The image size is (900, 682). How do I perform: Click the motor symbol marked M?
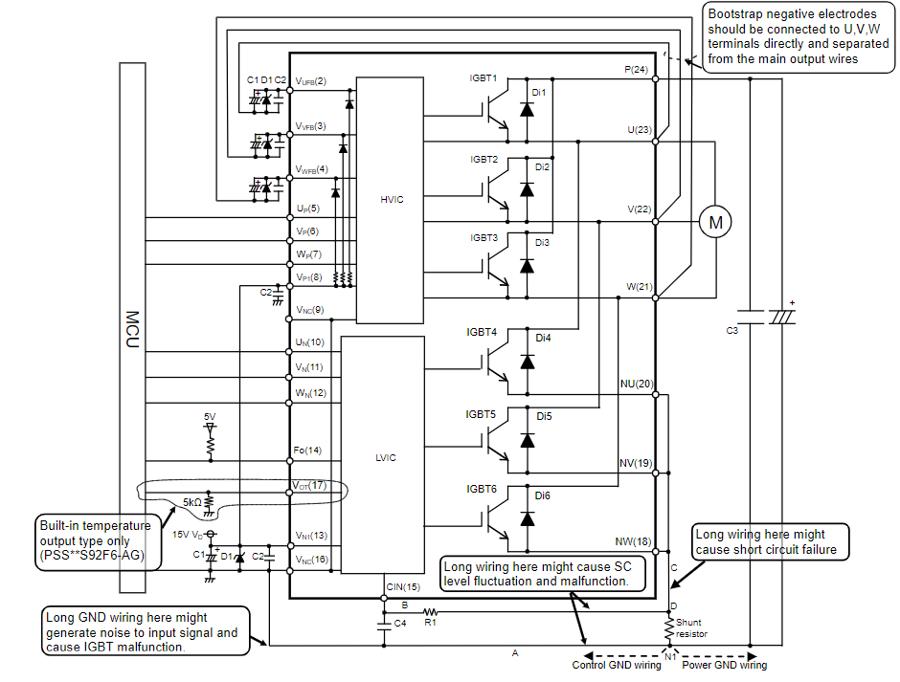click(715, 222)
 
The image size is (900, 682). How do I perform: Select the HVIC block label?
click(392, 200)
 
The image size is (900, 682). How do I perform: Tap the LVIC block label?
click(386, 458)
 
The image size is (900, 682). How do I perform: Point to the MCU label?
click(132, 329)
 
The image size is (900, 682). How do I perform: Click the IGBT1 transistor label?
click(484, 78)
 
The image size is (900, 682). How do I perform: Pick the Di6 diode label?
click(543, 495)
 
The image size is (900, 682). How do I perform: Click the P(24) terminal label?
click(636, 70)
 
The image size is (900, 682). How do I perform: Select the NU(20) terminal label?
click(637, 384)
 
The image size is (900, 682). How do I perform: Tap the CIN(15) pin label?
click(403, 586)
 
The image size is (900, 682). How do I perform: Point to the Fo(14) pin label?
click(307, 451)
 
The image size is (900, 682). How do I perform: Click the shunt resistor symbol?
click(669, 629)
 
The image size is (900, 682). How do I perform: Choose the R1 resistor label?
click(431, 623)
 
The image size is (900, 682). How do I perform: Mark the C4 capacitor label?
click(400, 623)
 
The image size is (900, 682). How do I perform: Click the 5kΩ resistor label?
click(192, 502)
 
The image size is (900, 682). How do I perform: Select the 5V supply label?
click(210, 417)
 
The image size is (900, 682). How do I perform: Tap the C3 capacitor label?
click(731, 330)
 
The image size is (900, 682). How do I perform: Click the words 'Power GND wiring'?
click(725, 665)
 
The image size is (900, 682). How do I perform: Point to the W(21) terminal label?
click(639, 287)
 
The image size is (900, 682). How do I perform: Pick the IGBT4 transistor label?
click(482, 332)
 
